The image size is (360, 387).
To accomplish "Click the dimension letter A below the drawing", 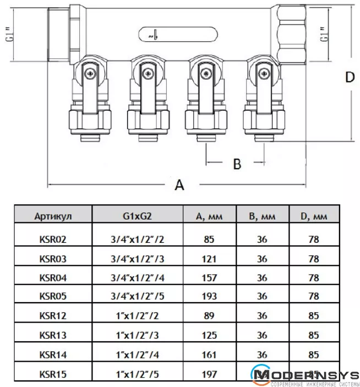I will [179, 185].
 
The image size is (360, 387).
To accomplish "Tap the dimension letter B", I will [237, 163].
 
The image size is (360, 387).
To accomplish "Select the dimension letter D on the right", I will [350, 78].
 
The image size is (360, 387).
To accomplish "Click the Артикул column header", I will [53, 216].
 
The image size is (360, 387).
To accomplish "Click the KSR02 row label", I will [53, 239].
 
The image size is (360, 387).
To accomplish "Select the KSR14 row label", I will [53, 356].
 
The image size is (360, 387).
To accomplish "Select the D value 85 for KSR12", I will [314, 317].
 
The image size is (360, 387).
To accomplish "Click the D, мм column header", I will [314, 216].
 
